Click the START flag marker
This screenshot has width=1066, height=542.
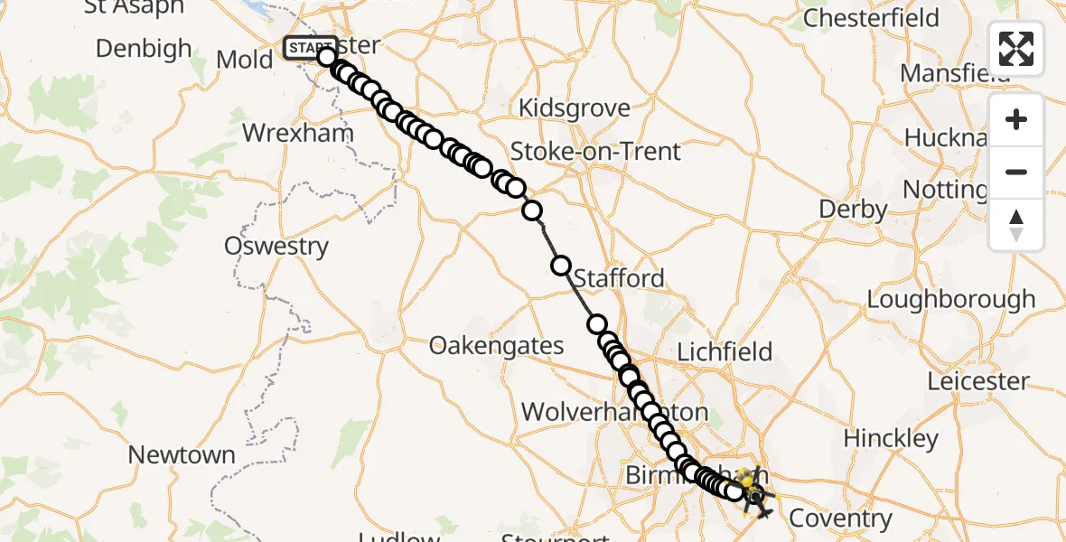point(309,47)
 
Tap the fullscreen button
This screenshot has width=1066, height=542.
point(1016,49)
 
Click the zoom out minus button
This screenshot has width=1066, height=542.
point(1016,172)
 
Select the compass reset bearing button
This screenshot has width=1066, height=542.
point(1016,225)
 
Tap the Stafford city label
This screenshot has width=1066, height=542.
point(619,278)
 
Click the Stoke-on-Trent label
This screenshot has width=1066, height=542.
point(595,151)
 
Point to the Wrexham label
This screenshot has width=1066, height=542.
point(285,134)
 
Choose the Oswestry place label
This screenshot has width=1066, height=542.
point(276,246)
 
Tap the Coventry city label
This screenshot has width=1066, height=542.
point(840,519)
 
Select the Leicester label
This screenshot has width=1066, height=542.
point(978,381)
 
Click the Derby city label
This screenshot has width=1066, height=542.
point(853,210)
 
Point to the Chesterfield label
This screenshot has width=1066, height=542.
point(871,18)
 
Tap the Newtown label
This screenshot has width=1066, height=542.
point(182,455)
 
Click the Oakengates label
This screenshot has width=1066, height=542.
point(497,345)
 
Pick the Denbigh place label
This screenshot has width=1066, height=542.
point(144,48)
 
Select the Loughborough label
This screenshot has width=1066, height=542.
point(951,299)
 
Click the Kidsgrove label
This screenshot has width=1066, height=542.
point(575,109)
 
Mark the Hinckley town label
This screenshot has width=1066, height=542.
point(891,439)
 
